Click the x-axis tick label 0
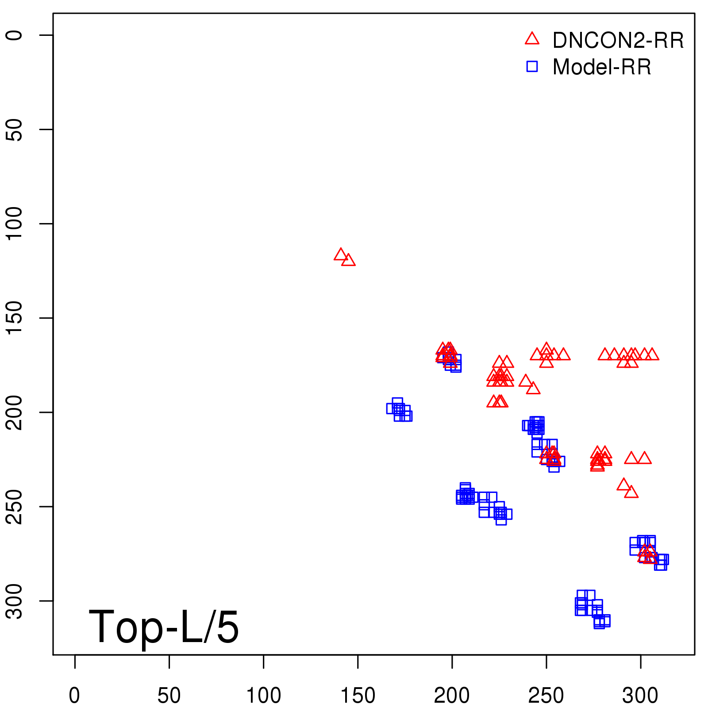(x=74, y=696)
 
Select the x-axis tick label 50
(x=169, y=696)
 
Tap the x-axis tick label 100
(x=263, y=696)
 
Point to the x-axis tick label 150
(x=358, y=696)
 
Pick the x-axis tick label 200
(x=452, y=696)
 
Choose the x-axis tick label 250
(x=546, y=696)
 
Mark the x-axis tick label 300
(x=640, y=696)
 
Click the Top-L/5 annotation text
(x=164, y=627)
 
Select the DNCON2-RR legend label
(x=618, y=40)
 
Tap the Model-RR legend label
(x=602, y=67)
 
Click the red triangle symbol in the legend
(x=532, y=39)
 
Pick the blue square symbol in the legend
(x=532, y=66)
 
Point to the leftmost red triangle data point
(x=340, y=255)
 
